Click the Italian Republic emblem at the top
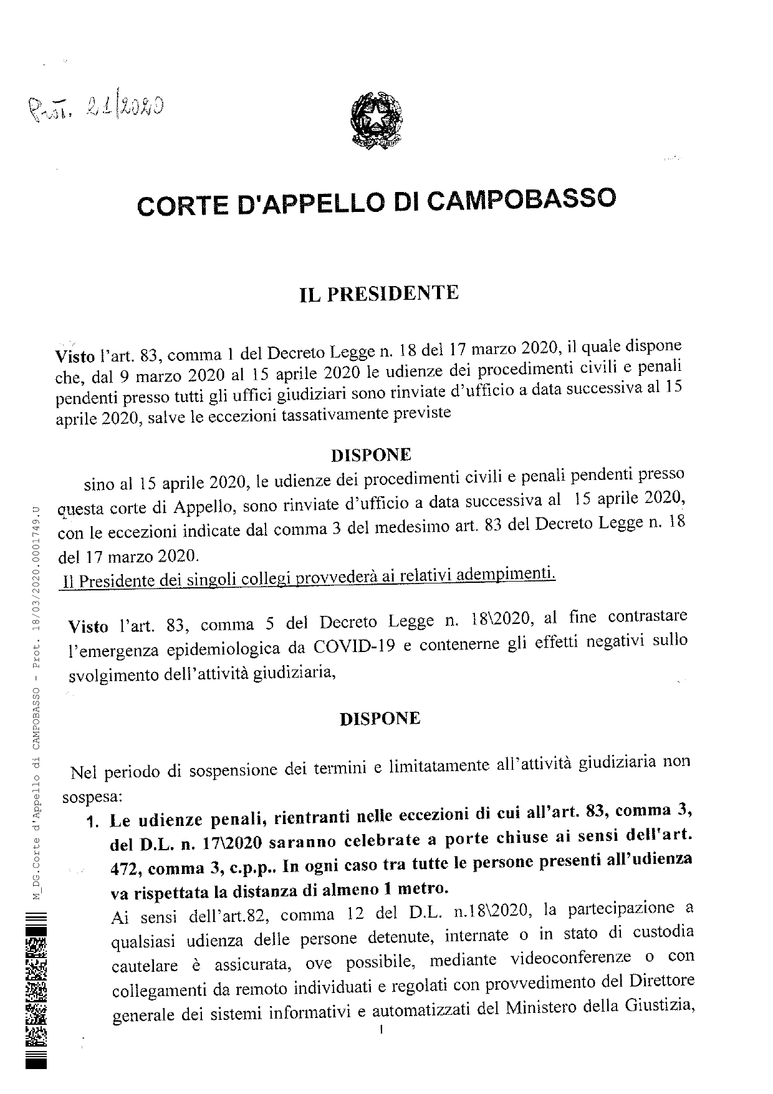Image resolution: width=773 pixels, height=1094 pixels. coord(375,120)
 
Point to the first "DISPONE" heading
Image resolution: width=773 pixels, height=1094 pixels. coord(370,455)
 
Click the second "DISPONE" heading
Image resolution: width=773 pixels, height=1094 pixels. coord(380,719)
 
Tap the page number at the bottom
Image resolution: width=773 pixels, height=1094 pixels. coord(380,1030)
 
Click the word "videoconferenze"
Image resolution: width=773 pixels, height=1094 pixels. coord(591,957)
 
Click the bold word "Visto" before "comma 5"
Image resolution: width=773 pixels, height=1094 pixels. coord(87,625)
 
